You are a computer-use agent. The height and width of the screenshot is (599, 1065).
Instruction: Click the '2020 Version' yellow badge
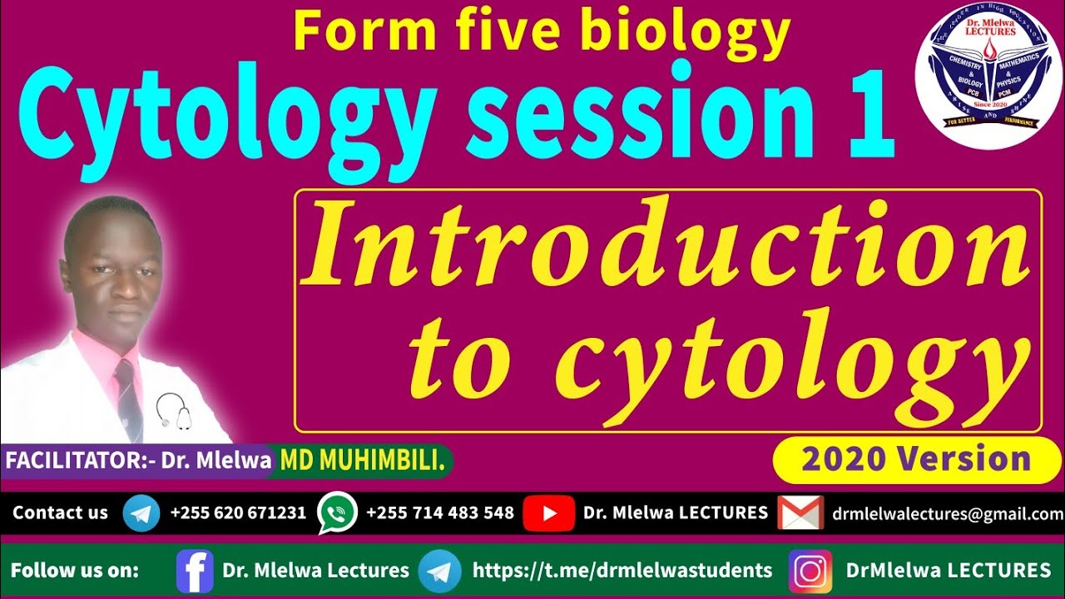tap(916, 459)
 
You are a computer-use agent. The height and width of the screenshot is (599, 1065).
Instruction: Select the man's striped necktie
tap(129, 399)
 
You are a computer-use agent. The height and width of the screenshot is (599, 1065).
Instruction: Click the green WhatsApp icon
tap(337, 513)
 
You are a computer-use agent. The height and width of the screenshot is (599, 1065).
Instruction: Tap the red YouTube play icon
tap(548, 513)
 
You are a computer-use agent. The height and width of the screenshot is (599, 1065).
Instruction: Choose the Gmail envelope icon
tap(800, 513)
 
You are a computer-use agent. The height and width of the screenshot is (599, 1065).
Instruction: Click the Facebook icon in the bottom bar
tap(195, 571)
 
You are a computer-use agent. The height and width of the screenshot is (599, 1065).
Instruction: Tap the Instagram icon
tap(810, 571)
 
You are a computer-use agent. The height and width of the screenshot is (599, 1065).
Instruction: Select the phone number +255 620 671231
tap(238, 513)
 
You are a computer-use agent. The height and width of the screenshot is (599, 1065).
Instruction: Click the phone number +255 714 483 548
tap(440, 513)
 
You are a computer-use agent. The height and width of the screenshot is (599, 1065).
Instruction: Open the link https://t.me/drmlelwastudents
tap(622, 571)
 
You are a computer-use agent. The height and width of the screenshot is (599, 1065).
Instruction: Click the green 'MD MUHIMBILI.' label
tap(363, 460)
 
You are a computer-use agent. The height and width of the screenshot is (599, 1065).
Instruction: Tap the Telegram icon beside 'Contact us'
tap(141, 513)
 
